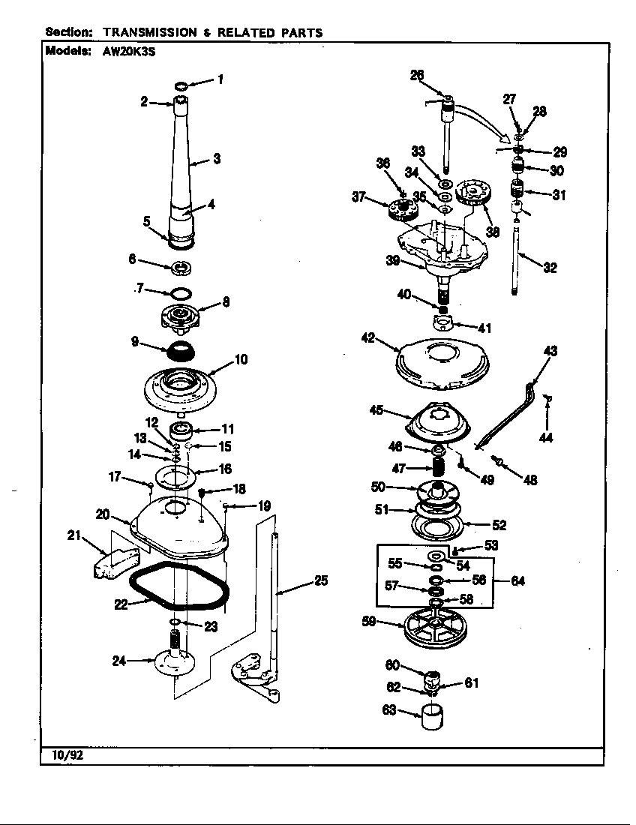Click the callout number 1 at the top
pos(219,79)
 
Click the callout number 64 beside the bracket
pos(517,580)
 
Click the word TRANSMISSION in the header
pos(146,32)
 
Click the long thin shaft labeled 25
pos(276,600)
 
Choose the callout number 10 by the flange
pos(240,359)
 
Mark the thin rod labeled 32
pos(519,255)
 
